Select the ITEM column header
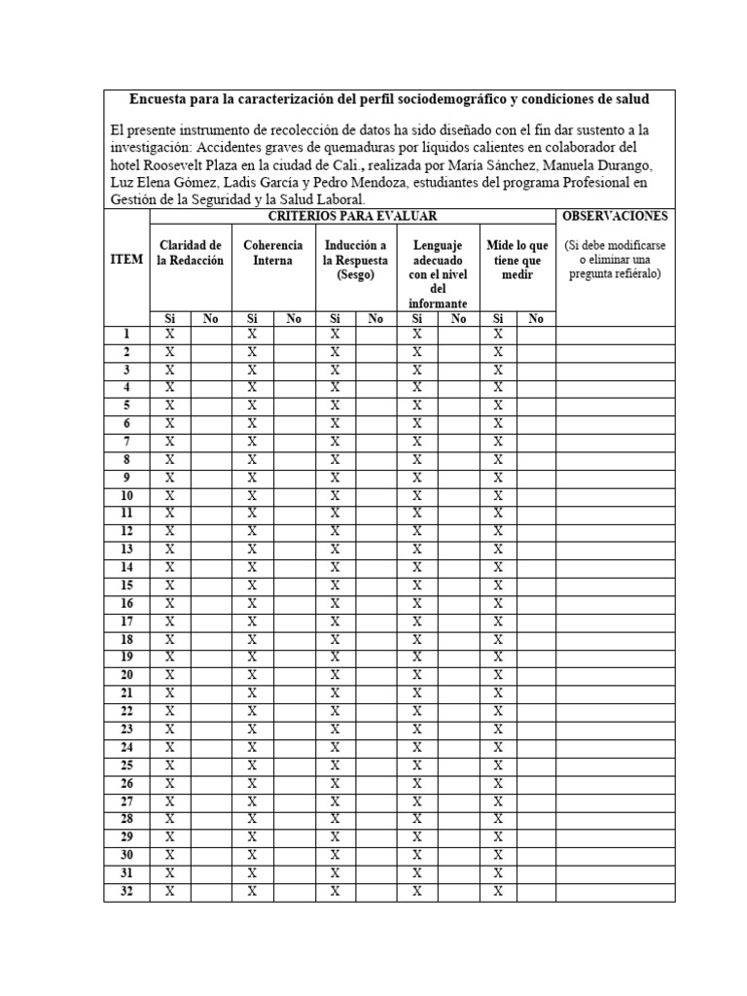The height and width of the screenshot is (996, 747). [126, 260]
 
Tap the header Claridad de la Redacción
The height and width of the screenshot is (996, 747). [191, 253]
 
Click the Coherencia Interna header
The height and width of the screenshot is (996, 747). [272, 253]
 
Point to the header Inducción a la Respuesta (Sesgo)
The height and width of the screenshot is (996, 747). [355, 260]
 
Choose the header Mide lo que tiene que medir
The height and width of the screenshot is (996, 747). [516, 260]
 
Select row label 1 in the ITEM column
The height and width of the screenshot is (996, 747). [126, 335]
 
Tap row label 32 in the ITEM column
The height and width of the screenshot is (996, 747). [126, 891]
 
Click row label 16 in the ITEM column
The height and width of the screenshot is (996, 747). [126, 604]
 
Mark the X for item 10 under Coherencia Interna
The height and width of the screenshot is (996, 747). [252, 496]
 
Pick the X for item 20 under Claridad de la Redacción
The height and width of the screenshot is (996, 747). [170, 675]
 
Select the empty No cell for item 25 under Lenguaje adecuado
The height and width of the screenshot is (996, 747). [459, 765]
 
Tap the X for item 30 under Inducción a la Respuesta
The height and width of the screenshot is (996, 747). [335, 855]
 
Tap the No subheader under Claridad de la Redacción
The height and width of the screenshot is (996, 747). [211, 318]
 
